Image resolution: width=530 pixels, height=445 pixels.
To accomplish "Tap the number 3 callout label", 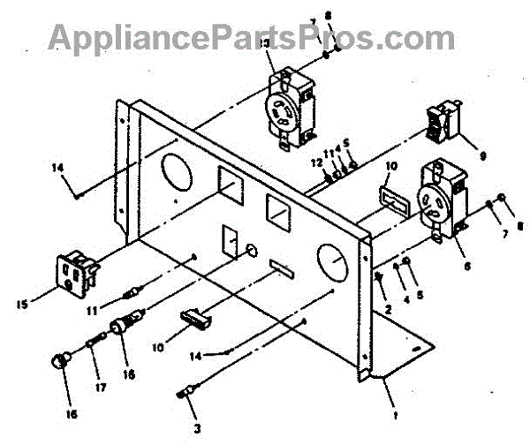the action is point(197,430).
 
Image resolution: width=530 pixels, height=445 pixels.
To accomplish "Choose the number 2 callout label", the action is point(388,308).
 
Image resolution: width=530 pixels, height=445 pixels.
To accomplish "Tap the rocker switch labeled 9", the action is point(441,124).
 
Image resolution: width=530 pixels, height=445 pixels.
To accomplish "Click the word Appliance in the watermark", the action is point(124,37).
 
